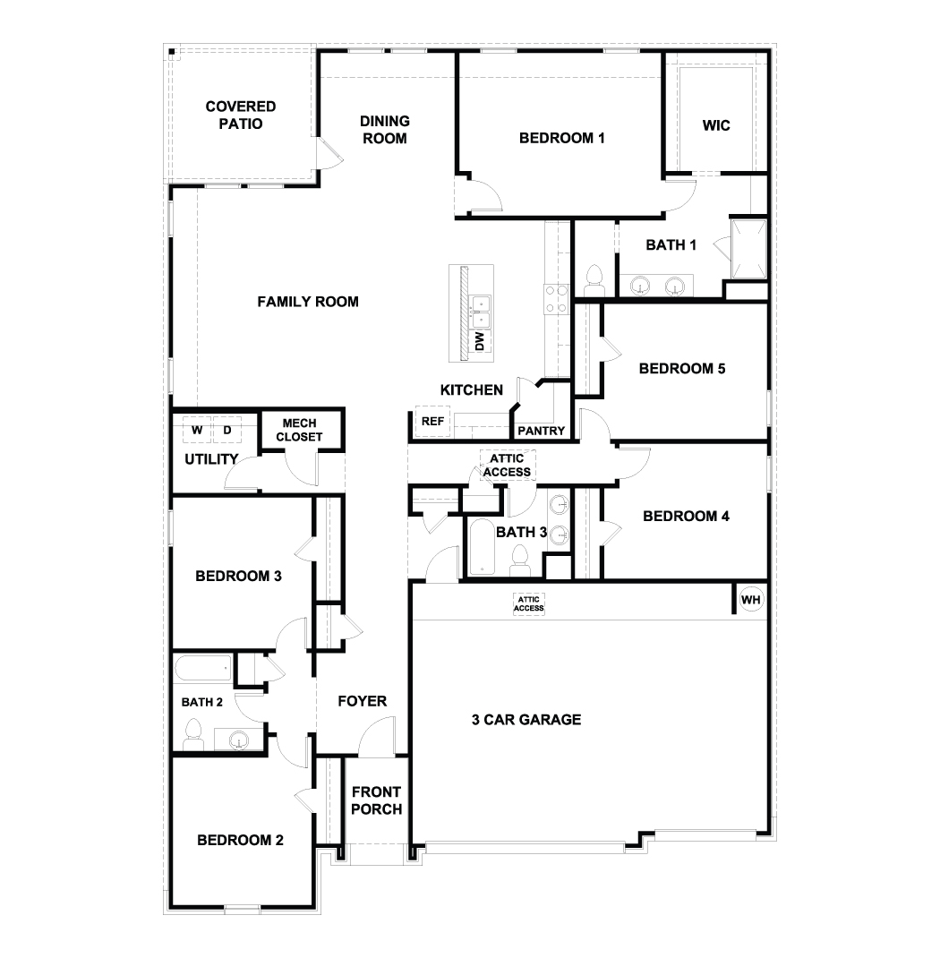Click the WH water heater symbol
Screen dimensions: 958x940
point(751,599)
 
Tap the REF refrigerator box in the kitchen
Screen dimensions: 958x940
point(432,421)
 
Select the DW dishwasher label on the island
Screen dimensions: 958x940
point(480,340)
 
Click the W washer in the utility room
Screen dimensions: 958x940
point(197,430)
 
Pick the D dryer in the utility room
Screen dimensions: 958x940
point(227,430)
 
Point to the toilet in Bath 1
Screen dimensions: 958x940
point(593,280)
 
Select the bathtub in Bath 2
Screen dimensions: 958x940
point(203,668)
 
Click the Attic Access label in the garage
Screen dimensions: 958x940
point(528,603)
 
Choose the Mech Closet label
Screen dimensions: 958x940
point(299,431)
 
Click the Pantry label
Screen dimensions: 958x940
point(542,431)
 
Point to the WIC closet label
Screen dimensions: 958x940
point(716,125)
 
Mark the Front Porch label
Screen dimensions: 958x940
point(376,800)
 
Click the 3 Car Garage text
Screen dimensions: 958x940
point(526,719)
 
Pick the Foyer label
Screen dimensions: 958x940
point(362,700)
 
